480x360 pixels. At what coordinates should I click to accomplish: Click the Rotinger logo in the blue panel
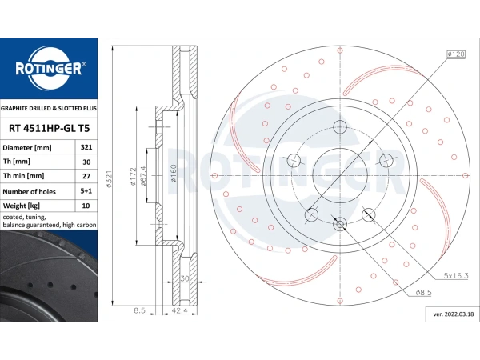click(50, 69)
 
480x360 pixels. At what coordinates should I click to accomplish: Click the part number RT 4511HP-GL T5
click(49, 128)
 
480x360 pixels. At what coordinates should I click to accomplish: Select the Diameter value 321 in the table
click(86, 147)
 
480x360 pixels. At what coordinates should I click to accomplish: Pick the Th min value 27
click(86, 176)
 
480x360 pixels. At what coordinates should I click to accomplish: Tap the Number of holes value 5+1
click(86, 191)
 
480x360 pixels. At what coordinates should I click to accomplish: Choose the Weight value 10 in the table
click(86, 206)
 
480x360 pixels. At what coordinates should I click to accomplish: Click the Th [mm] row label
click(17, 162)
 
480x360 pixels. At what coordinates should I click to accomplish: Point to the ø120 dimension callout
click(456, 54)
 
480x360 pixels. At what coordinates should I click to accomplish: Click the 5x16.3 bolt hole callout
click(456, 276)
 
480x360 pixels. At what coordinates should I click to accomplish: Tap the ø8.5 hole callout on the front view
click(424, 293)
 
